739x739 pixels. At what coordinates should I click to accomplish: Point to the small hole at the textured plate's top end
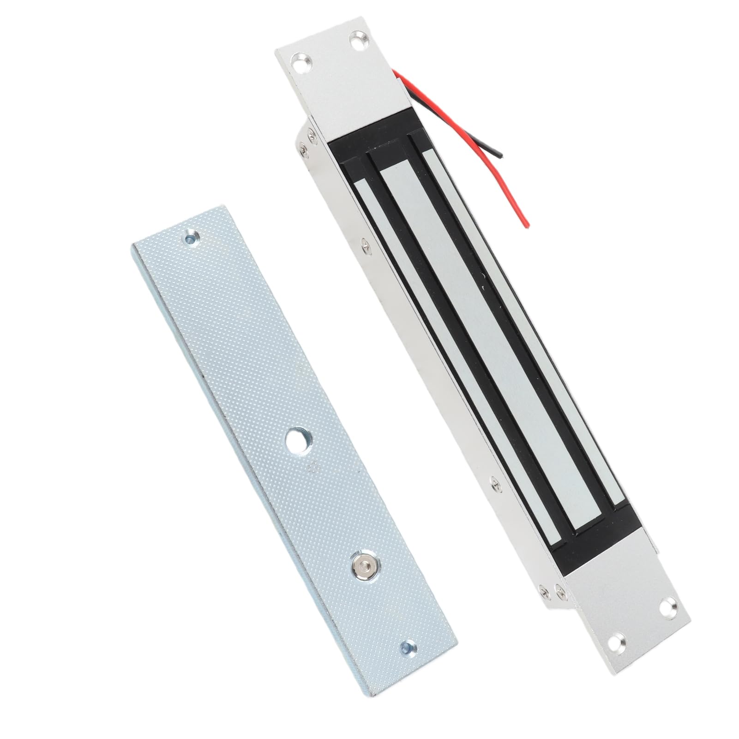(x=191, y=238)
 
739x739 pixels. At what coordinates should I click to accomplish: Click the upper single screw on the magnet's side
(x=365, y=242)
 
